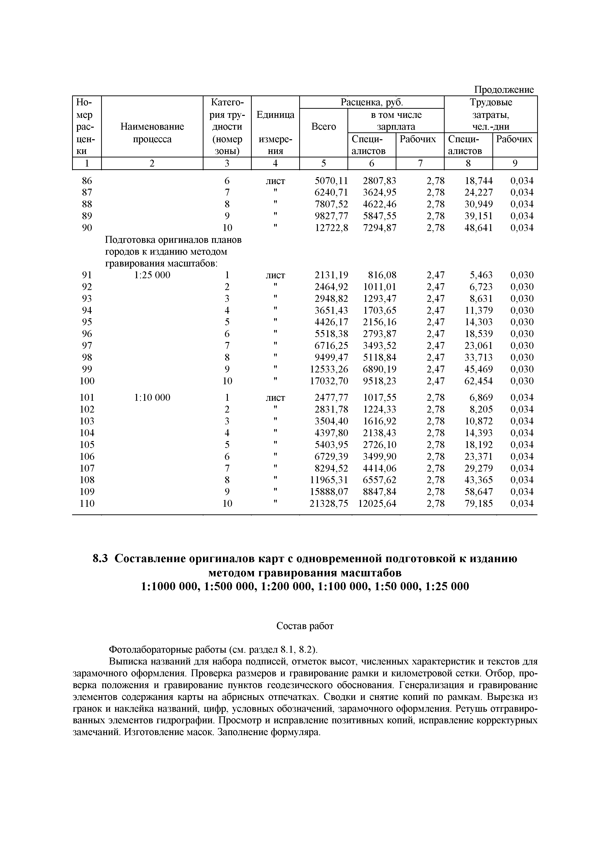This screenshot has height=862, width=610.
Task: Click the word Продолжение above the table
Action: [x=503, y=90]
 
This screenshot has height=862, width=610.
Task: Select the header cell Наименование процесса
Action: [x=152, y=133]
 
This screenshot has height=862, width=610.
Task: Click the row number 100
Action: [x=87, y=381]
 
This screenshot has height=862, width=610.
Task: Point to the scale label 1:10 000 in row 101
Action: [x=152, y=398]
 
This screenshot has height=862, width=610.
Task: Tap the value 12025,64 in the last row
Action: [x=377, y=504]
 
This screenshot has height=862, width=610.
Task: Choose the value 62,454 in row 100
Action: [x=479, y=381]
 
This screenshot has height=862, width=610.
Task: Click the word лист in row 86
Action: [x=275, y=181]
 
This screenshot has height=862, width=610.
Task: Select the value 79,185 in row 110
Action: [x=479, y=504]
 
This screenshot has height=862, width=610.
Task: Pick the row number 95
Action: [x=87, y=322]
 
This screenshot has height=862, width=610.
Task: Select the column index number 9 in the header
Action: [x=515, y=163]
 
